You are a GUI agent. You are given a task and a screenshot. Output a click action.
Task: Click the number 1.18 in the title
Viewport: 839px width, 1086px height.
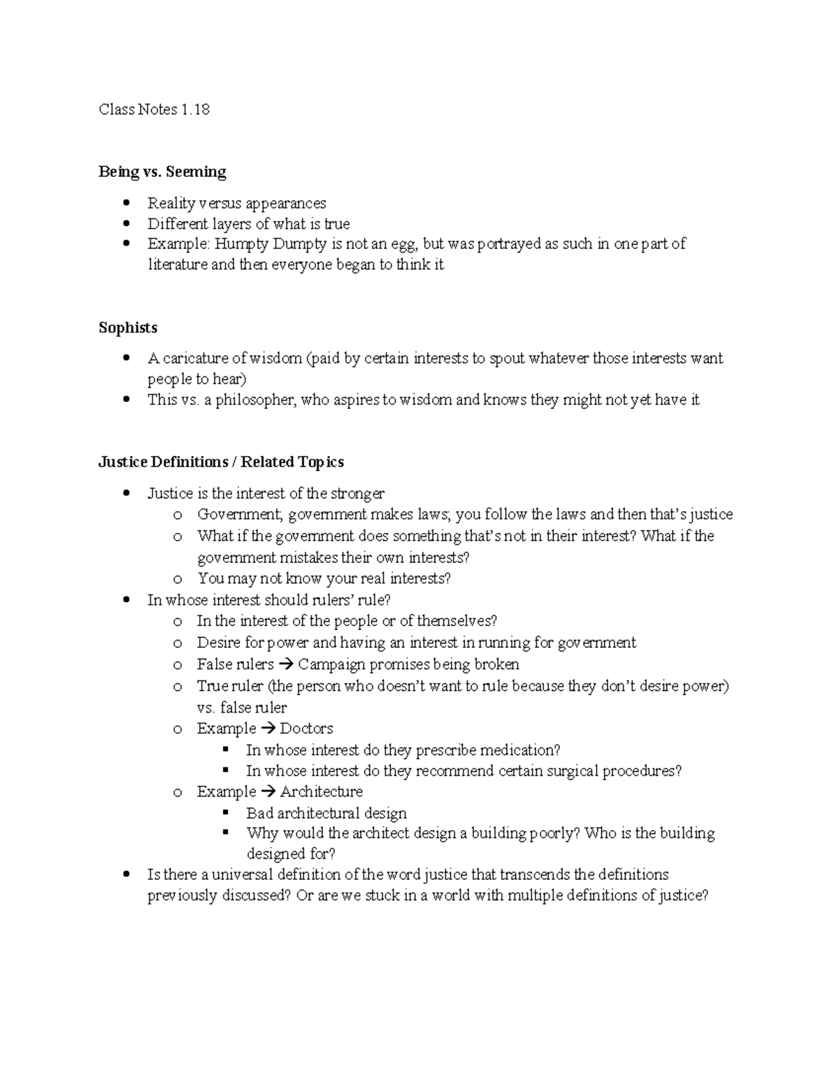coord(195,109)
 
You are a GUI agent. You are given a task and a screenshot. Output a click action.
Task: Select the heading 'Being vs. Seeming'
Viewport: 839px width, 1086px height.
coord(162,171)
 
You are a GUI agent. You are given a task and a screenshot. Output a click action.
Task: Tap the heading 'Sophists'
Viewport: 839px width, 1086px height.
coord(128,327)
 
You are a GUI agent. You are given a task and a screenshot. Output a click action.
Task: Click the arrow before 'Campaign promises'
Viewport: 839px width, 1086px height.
coord(286,664)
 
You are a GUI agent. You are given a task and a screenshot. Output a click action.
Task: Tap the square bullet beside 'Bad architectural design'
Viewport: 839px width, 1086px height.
coord(225,812)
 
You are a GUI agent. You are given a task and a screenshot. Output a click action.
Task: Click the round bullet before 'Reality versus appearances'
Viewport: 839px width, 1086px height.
coord(126,203)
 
